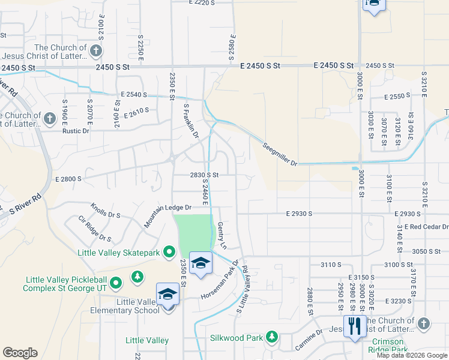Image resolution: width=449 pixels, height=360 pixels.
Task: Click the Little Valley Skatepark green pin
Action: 169,253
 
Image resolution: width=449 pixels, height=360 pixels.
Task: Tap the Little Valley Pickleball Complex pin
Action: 116,281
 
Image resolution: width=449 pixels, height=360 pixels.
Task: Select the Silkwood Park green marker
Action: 272,337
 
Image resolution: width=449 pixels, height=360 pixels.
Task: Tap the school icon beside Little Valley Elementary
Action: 168,294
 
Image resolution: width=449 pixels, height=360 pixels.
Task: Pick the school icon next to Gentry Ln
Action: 201,262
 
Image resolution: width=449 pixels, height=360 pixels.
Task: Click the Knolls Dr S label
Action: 106,211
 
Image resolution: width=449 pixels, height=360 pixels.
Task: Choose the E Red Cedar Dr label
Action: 426,227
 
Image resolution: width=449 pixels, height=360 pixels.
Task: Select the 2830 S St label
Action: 203,175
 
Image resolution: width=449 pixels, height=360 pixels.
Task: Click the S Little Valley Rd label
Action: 242,290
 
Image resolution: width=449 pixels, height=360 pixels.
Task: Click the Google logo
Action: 20,353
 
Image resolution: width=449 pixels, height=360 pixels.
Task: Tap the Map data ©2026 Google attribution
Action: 412,355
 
